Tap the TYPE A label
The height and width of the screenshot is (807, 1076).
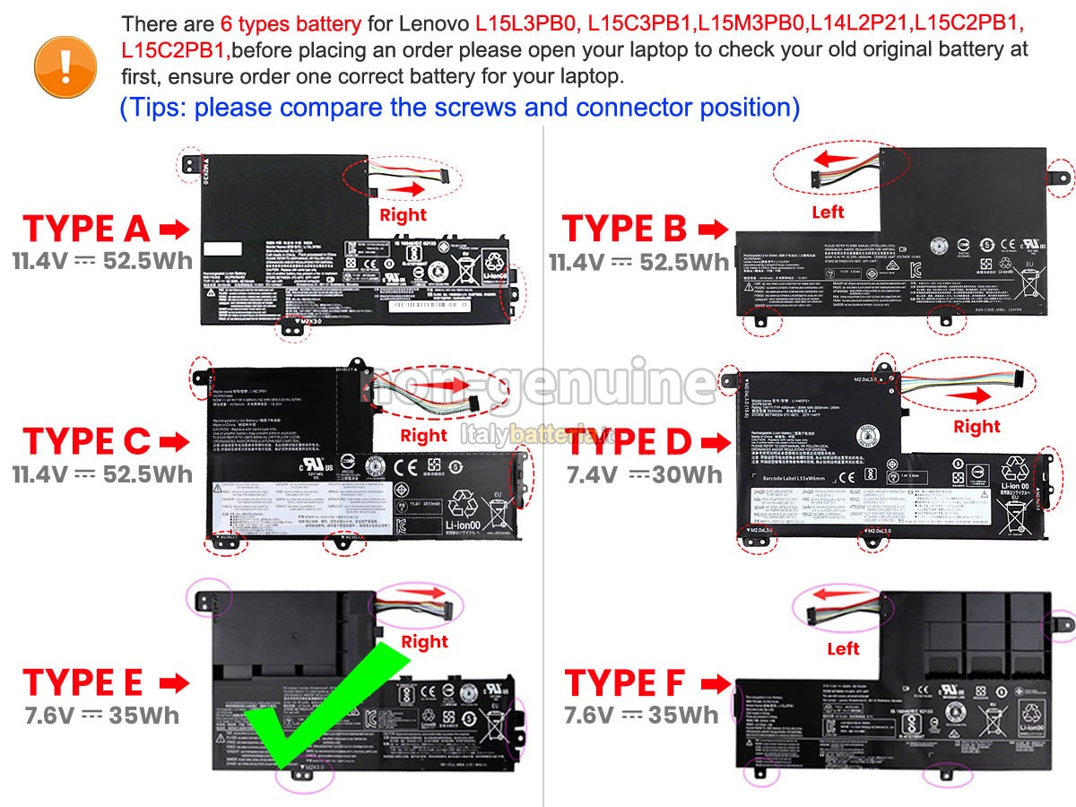click(x=86, y=230)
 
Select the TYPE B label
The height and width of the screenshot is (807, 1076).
click(x=624, y=229)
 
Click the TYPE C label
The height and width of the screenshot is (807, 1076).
click(x=86, y=441)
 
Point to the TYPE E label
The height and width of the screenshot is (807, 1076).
click(x=82, y=682)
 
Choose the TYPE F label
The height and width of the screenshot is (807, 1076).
click(x=624, y=683)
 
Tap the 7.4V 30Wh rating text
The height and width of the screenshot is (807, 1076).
click(x=644, y=474)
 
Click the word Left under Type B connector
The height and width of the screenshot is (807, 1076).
click(x=828, y=213)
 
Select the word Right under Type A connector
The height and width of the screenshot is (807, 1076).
click(x=403, y=214)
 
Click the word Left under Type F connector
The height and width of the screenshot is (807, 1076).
click(x=843, y=648)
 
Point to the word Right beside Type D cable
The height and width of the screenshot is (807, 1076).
click(x=976, y=427)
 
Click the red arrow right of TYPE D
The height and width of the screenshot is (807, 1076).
click(x=715, y=442)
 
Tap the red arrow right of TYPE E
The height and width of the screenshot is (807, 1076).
click(x=174, y=683)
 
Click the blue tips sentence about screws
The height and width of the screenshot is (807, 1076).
click(x=459, y=108)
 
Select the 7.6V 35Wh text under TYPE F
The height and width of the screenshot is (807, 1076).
click(x=641, y=715)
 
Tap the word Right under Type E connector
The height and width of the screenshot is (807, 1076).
click(x=424, y=642)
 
